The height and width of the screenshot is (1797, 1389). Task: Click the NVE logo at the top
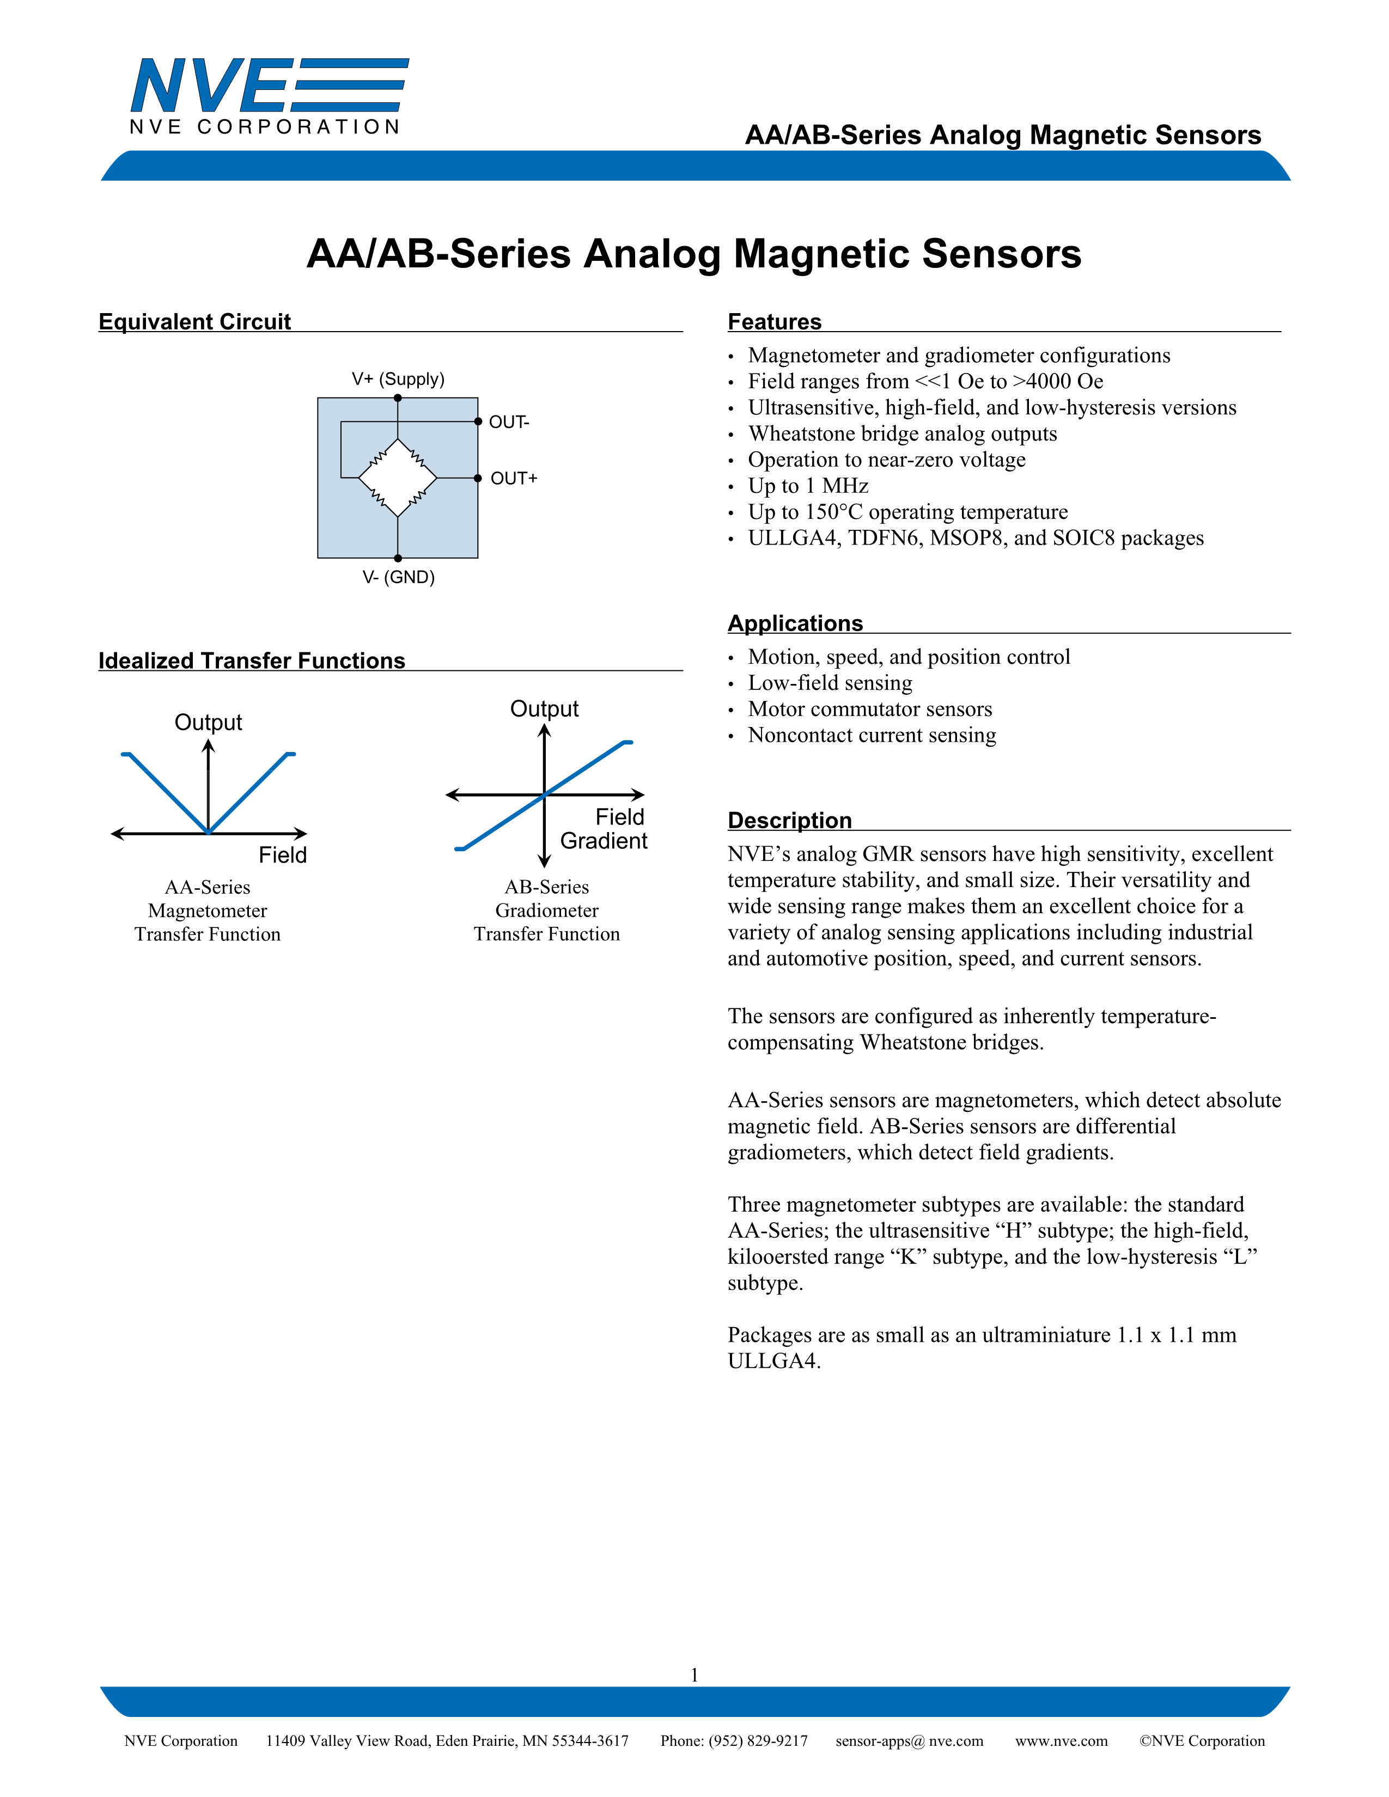pyautogui.click(x=268, y=95)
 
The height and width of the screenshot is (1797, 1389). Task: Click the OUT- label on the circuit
pyautogui.click(x=509, y=422)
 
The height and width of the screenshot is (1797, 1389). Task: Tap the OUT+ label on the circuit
pyautogui.click(x=514, y=479)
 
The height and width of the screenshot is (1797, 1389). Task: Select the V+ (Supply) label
pyautogui.click(x=398, y=380)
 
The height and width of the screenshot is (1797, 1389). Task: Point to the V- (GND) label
pyautogui.click(x=398, y=578)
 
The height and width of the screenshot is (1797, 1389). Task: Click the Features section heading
pyautogui.click(x=775, y=322)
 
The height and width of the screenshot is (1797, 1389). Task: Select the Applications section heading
pyautogui.click(x=795, y=623)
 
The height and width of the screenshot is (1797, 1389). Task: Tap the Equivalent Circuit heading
pyautogui.click(x=194, y=322)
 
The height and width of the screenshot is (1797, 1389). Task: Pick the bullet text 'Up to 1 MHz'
pyautogui.click(x=808, y=486)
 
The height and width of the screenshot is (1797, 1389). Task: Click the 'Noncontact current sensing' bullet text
pyautogui.click(x=872, y=736)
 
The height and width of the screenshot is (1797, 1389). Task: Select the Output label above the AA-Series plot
pyautogui.click(x=208, y=723)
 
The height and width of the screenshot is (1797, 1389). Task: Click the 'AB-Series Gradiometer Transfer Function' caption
pyautogui.click(x=546, y=911)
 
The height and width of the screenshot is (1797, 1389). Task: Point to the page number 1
pyautogui.click(x=694, y=1674)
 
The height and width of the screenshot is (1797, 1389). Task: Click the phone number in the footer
pyautogui.click(x=734, y=1741)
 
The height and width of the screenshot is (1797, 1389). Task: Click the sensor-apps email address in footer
pyautogui.click(x=909, y=1741)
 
